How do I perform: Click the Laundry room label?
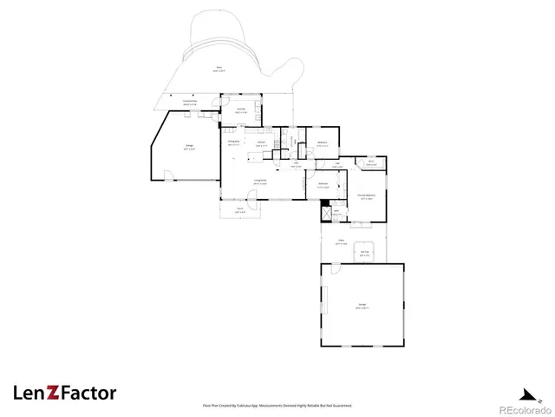click(x=242, y=110)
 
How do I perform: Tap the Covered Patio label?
click(x=190, y=103)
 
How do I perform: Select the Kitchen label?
click(x=260, y=143)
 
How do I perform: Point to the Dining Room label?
click(x=233, y=142)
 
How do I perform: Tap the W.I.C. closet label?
click(x=370, y=162)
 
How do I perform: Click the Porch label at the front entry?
click(x=240, y=210)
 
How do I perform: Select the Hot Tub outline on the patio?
click(x=366, y=253)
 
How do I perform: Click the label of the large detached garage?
click(x=362, y=304)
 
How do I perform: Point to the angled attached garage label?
click(x=188, y=149)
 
